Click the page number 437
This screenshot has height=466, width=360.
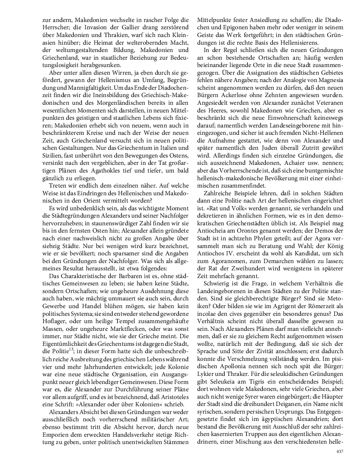[339, 451]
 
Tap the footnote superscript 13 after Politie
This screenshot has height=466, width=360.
[71, 349]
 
